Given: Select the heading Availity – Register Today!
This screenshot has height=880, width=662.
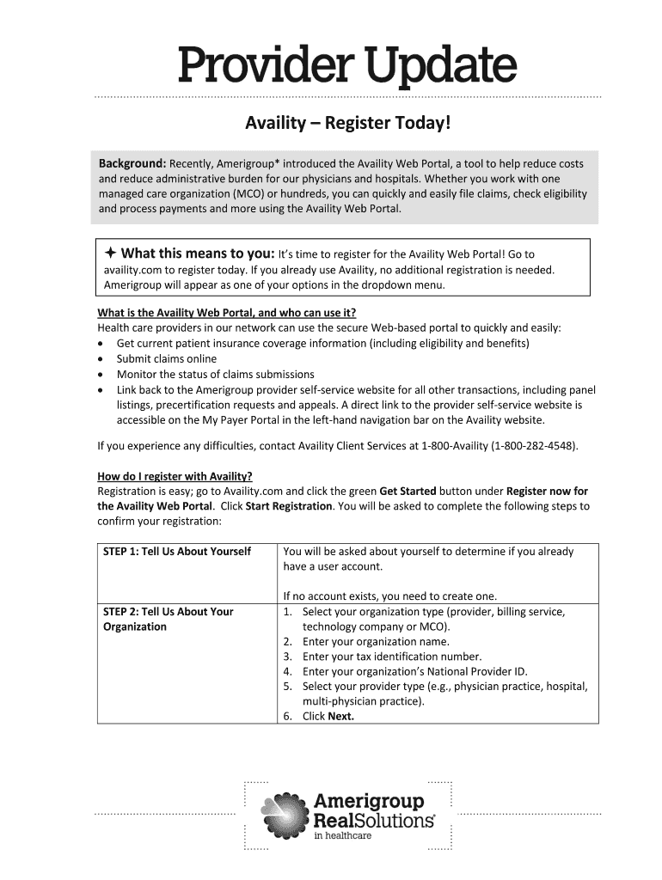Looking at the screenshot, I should pos(346,125).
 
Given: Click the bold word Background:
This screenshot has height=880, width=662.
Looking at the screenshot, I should pos(132,163).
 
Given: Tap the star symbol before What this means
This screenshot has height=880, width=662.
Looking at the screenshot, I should pos(110,254).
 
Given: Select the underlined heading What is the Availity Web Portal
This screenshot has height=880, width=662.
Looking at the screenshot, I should pos(226,312).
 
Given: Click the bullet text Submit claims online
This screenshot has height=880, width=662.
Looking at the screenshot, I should pos(167,358).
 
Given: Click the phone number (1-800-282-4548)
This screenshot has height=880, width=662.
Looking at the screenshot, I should pos(534,446).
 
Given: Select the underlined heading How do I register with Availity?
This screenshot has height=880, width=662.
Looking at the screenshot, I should pos(175,477).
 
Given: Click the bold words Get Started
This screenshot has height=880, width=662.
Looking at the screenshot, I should pos(408,492).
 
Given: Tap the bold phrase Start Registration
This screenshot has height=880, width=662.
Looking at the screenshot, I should pos(289,506).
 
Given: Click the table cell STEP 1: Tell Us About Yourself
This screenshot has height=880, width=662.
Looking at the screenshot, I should pos(177,552).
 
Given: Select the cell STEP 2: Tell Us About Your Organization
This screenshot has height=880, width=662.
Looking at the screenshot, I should pos(169,619).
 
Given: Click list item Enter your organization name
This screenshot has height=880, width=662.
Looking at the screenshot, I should pos(376,641).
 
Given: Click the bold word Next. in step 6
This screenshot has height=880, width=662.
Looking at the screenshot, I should pos(341,717).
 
